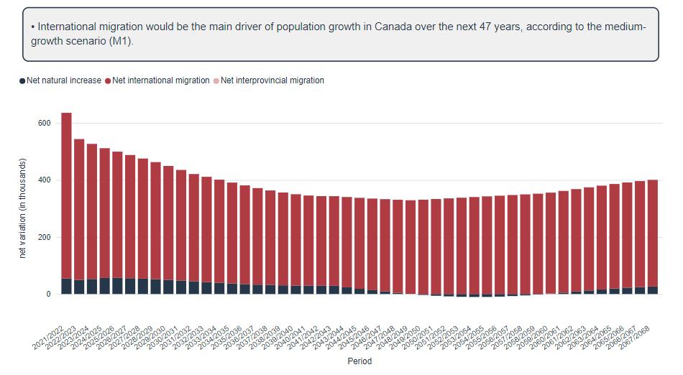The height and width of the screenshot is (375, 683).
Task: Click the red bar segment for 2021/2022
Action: pos(66,194)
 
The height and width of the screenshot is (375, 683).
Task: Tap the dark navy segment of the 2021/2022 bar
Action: pos(66,286)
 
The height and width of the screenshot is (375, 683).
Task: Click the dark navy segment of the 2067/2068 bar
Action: pos(653,290)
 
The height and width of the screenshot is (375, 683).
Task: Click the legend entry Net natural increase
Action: pos(64,80)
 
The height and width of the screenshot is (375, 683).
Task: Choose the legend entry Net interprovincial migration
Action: pos(272,80)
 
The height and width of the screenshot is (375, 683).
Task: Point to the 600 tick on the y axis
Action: pos(44,124)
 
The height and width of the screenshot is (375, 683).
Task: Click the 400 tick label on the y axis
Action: pos(44,180)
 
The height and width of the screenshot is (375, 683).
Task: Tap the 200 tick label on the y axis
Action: pos(44,237)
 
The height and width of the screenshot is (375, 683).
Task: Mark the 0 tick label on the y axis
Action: pos(48,295)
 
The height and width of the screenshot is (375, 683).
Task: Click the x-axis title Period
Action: pos(359,361)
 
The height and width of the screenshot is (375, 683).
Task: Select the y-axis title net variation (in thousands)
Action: pos(23,208)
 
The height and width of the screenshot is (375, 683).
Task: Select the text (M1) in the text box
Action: pos(122,41)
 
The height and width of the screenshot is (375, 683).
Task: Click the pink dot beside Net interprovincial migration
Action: pos(216,80)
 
